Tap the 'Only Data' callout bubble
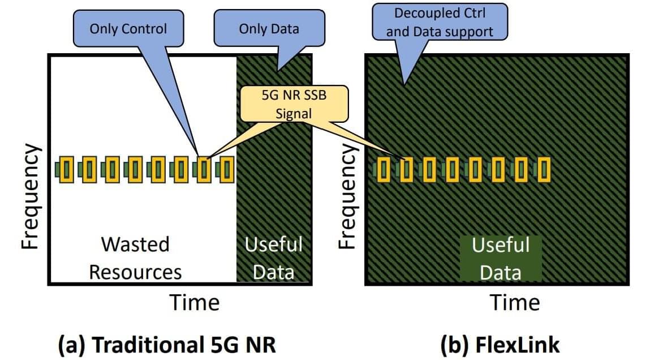click(269, 29)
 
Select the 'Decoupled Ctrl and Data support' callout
click(439, 22)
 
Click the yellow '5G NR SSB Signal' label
click(294, 104)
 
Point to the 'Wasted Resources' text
click(135, 258)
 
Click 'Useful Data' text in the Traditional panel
click(274, 258)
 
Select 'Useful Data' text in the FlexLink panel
click(501, 259)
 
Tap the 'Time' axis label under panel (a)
click(195, 302)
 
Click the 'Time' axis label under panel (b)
click(515, 302)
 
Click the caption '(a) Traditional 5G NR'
click(168, 344)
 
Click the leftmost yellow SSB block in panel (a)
click(67, 169)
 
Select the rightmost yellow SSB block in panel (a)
click(226, 169)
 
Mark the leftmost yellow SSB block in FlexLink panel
click(385, 169)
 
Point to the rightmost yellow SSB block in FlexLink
click(544, 169)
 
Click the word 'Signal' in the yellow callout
click(294, 113)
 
